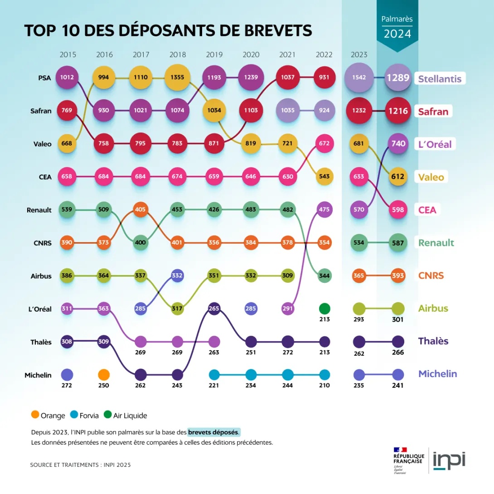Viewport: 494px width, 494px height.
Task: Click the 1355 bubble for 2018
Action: coord(178,77)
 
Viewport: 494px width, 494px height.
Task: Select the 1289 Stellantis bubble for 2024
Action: coord(397,78)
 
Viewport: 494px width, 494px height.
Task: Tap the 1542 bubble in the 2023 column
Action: coord(358,78)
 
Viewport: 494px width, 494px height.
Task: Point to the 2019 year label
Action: coord(214,55)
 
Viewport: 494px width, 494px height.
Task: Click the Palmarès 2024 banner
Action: coord(397,27)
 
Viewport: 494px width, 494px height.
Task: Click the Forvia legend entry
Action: coord(85,416)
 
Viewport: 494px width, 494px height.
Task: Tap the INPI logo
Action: coord(449,460)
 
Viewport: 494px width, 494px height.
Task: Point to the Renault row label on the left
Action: coord(39,210)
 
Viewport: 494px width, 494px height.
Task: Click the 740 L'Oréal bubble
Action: coord(397,144)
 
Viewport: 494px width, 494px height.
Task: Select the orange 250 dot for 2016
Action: coord(104,375)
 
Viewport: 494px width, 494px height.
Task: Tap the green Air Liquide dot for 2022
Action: coord(324,309)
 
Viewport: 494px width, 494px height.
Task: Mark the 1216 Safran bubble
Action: coord(397,111)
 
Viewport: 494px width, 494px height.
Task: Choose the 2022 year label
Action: coord(324,55)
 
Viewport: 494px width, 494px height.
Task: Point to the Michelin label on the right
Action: coord(437,374)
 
